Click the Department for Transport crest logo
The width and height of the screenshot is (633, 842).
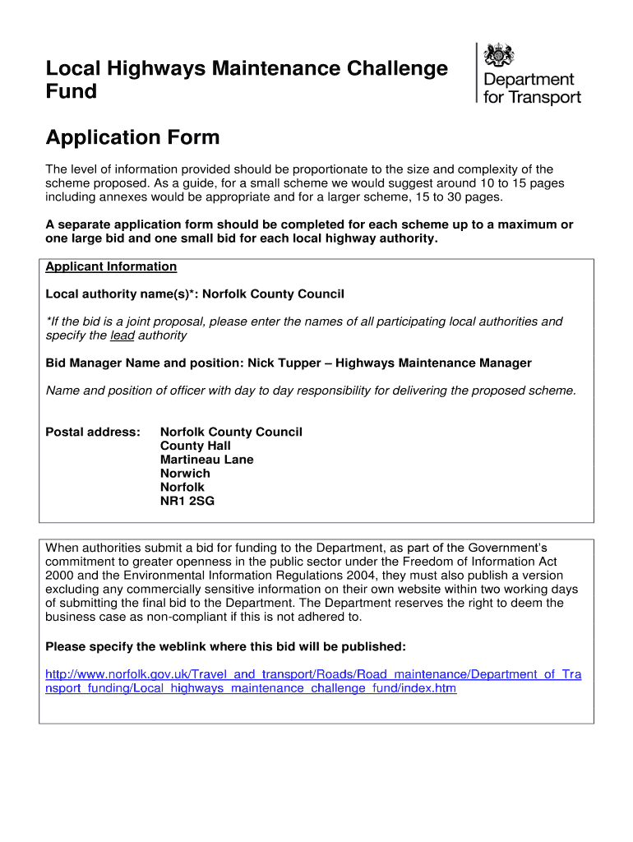(x=500, y=56)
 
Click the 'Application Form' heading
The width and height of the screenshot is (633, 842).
(x=132, y=137)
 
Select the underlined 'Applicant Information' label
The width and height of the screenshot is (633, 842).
(x=111, y=266)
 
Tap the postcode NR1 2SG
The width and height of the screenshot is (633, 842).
(x=187, y=501)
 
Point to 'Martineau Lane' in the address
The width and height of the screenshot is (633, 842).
(x=206, y=460)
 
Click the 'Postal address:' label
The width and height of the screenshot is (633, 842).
(x=93, y=432)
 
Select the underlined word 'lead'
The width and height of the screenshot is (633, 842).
(x=122, y=335)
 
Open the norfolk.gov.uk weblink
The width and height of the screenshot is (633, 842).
(x=312, y=681)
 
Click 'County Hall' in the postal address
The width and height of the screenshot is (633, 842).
(x=194, y=446)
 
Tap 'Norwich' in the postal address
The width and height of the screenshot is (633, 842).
(x=185, y=474)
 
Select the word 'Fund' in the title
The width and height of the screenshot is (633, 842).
(x=71, y=91)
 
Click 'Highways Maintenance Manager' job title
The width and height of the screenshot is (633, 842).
(x=433, y=363)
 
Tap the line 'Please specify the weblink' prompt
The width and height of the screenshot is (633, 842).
(x=225, y=645)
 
